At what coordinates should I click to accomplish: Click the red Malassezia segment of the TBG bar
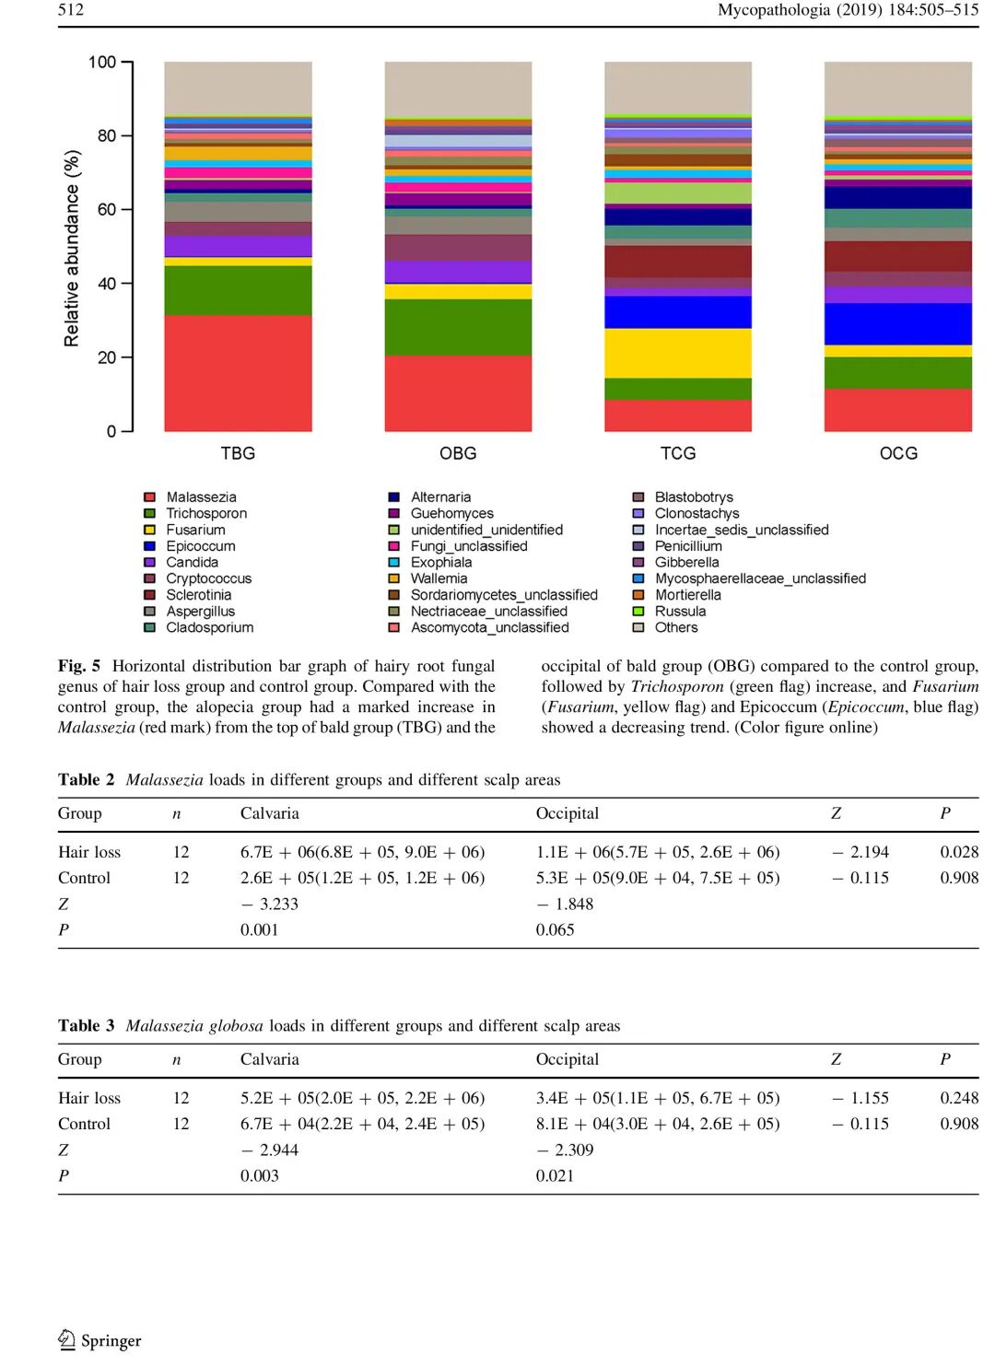238,372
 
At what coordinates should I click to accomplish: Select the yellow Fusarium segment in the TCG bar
677,353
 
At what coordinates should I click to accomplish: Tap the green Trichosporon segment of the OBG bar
458,327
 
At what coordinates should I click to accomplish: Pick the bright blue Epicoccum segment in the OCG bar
897,323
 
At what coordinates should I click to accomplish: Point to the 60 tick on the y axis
107,209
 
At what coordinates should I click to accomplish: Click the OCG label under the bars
898,453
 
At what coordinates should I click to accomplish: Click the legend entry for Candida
192,562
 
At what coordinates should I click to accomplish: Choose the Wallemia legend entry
439,578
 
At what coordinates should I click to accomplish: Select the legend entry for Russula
680,611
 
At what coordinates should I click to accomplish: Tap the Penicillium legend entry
688,545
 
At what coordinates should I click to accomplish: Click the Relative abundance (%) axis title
72,249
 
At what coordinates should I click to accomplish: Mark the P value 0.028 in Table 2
959,852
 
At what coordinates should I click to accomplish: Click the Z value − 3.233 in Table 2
269,904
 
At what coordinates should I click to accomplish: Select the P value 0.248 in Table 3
959,1098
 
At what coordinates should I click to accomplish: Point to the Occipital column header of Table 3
567,1059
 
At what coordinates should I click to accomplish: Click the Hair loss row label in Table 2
89,852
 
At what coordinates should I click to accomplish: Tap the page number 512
71,10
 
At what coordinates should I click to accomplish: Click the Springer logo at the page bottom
99,1340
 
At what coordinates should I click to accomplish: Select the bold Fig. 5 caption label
79,666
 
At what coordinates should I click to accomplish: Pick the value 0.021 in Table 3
555,1175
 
